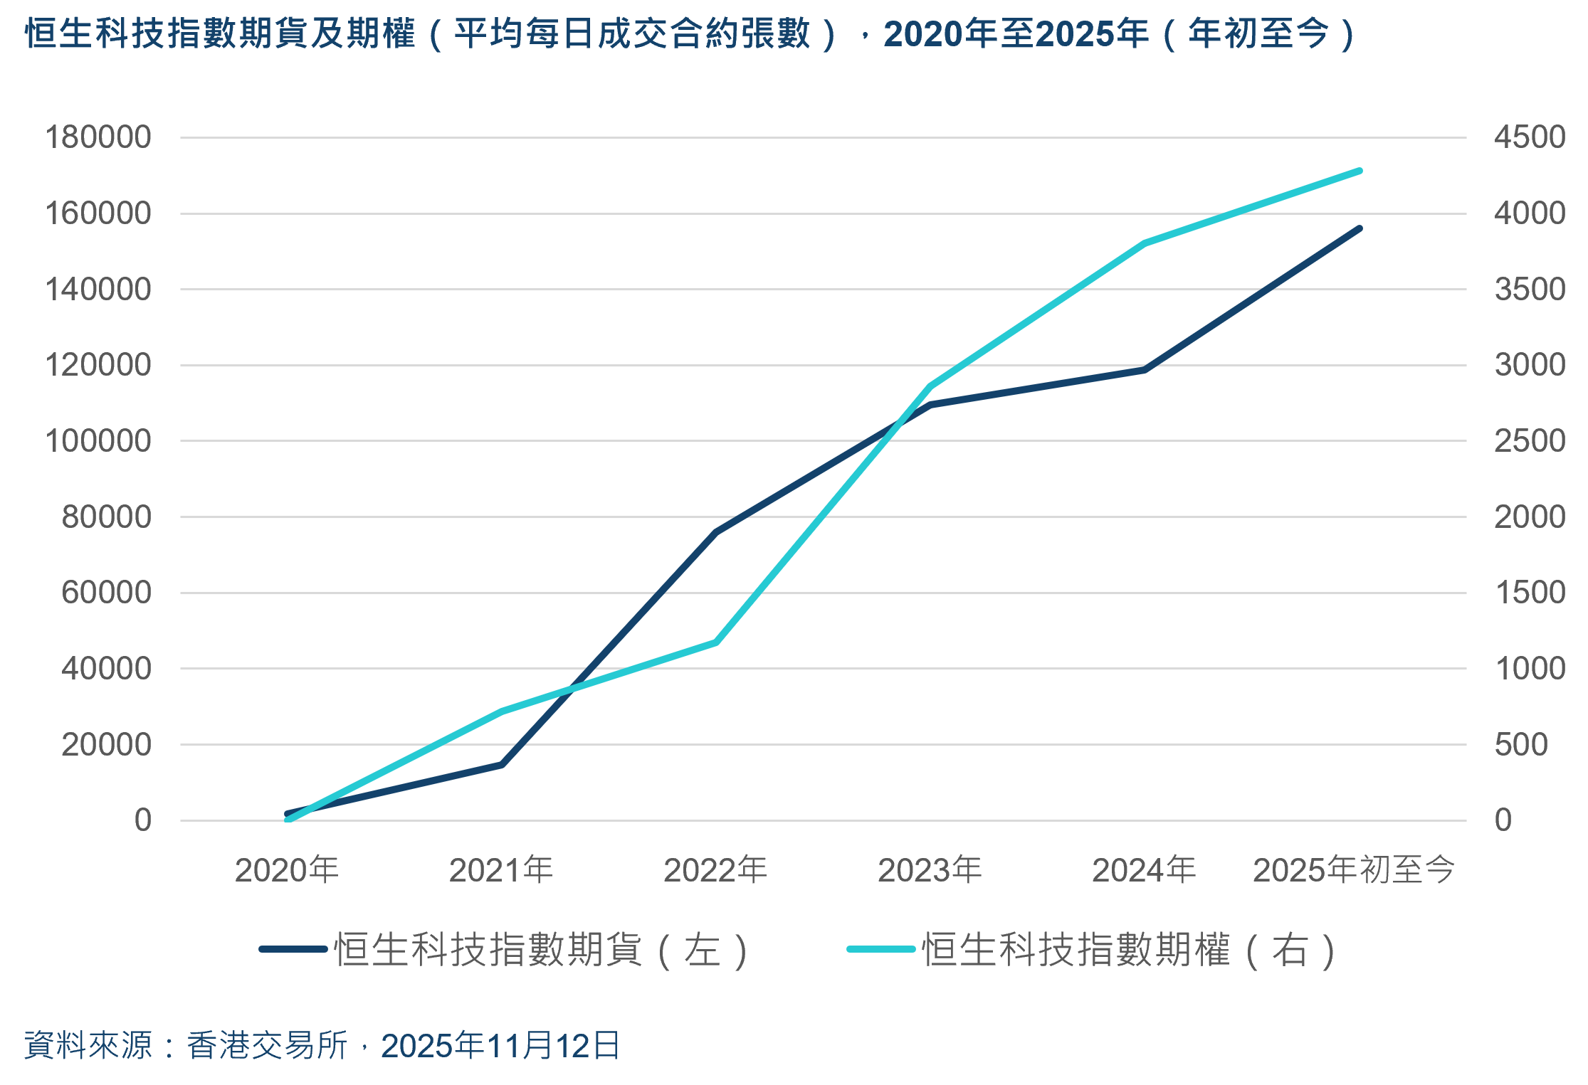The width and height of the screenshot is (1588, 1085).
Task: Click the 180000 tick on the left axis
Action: point(98,137)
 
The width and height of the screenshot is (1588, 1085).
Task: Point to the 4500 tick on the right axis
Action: point(1529,137)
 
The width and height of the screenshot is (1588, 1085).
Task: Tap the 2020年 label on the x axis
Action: point(287,870)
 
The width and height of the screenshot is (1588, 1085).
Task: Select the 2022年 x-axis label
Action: point(715,870)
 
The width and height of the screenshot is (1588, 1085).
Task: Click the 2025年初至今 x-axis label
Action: point(1354,870)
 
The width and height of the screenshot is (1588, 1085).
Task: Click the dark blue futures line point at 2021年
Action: point(502,764)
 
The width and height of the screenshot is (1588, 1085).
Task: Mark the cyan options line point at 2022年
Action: point(715,642)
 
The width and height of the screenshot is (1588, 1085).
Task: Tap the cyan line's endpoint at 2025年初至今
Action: point(1360,171)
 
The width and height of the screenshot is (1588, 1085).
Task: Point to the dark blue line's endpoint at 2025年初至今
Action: point(1360,228)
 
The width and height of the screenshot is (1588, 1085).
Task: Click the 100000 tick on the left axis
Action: point(98,441)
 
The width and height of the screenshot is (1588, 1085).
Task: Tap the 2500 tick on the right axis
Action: point(1529,441)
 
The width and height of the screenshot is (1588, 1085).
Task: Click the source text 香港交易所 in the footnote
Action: point(267,1046)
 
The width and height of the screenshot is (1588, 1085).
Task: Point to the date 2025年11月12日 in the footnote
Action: point(500,1046)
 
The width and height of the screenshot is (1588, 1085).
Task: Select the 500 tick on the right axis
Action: point(1521,745)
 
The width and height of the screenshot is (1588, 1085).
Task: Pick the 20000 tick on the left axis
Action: point(106,745)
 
